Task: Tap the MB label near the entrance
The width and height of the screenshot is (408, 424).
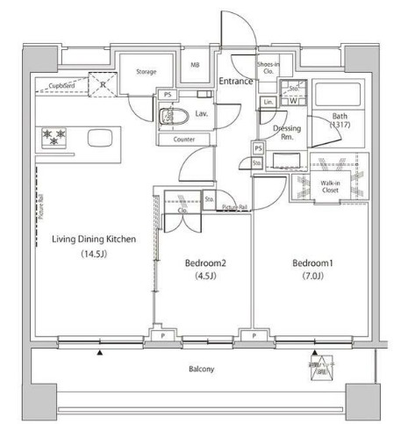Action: coord(196,64)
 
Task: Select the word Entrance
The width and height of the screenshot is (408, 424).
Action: coord(235,82)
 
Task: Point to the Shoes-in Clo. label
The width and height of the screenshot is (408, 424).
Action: coord(268,68)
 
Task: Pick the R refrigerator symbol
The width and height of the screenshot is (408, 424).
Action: coord(104,86)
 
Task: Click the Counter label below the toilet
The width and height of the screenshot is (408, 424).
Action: coord(183,139)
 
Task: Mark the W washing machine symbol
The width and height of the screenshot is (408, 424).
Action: coord(292,102)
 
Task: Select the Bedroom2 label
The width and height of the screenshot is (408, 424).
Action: coord(205,262)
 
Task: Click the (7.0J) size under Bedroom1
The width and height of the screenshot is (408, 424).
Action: coord(312,277)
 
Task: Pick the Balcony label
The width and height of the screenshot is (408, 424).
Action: coord(200,369)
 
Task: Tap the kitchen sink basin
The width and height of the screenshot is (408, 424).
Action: coord(98,137)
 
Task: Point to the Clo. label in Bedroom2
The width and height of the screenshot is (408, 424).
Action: coord(184,211)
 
